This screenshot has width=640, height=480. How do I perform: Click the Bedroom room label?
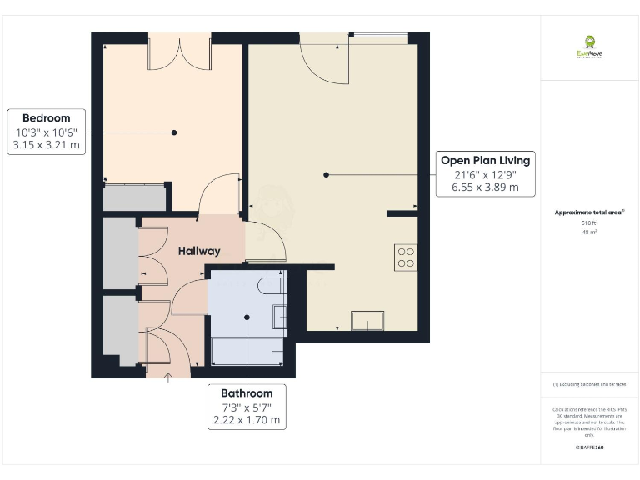point(46,118)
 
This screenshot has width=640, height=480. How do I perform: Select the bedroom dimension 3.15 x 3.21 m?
point(46,145)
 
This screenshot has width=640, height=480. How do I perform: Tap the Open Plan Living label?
point(484,160)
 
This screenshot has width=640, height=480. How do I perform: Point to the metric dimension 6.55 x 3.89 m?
point(484,187)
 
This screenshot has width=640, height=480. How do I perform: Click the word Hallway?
point(198,251)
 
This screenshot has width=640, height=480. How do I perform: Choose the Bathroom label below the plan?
point(247,392)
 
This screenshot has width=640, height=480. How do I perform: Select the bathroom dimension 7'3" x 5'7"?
point(247,407)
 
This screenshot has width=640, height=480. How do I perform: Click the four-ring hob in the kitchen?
point(406,257)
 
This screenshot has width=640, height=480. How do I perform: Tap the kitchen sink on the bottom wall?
point(367,321)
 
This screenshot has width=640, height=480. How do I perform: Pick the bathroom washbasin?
point(280,317)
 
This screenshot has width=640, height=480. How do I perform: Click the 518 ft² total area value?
point(589,223)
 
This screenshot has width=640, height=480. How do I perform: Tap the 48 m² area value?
point(589,232)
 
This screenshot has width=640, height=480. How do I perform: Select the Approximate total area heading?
point(588,212)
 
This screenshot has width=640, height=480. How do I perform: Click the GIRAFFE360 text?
point(589,447)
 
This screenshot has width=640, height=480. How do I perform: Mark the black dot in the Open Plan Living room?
point(327,174)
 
